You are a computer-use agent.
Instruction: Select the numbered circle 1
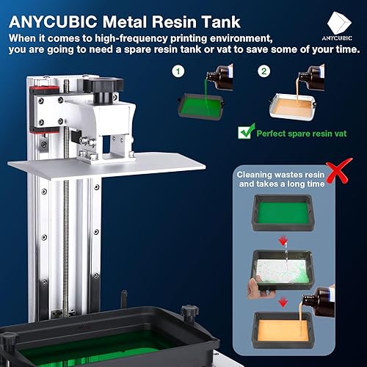tap(177, 72)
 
